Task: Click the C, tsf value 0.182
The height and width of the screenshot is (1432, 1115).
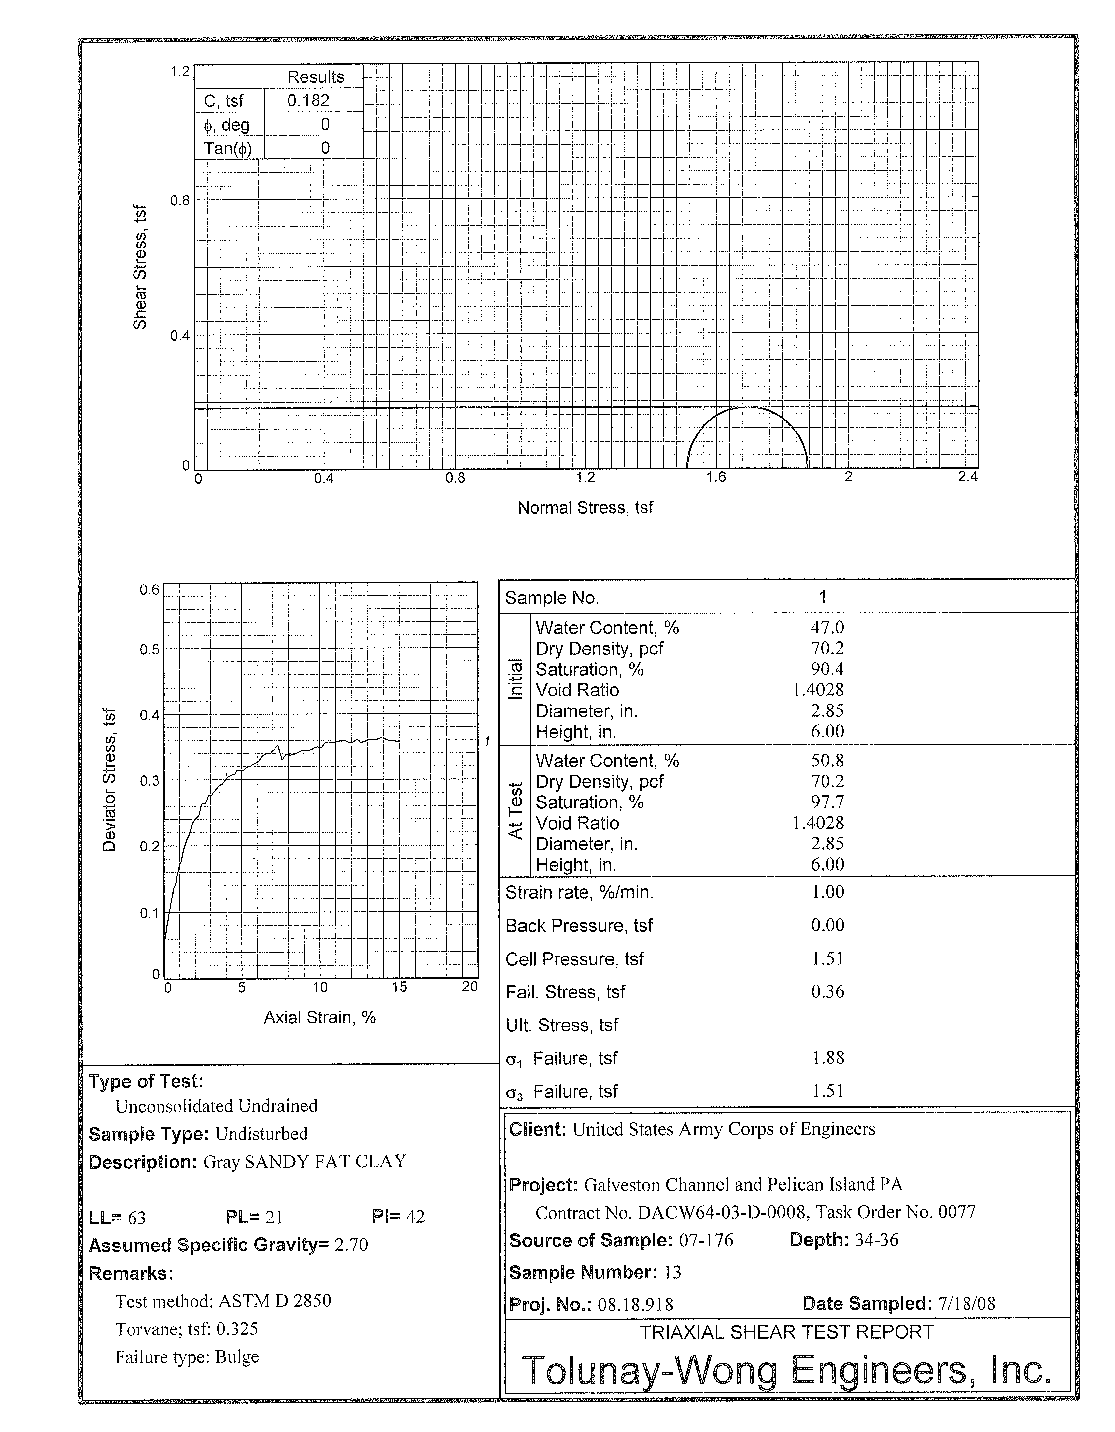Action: pos(308,101)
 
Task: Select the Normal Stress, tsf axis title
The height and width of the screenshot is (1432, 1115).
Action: pos(585,508)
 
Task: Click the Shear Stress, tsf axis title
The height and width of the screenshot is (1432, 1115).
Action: pos(140,268)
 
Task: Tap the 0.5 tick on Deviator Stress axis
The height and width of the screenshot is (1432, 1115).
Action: pos(149,650)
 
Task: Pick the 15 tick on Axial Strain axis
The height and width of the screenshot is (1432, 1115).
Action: pos(400,987)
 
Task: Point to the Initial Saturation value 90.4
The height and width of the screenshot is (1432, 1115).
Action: pos(827,669)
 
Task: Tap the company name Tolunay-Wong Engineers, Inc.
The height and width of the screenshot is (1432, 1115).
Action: pos(786,1370)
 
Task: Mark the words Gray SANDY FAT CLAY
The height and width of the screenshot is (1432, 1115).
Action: pos(304,1162)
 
